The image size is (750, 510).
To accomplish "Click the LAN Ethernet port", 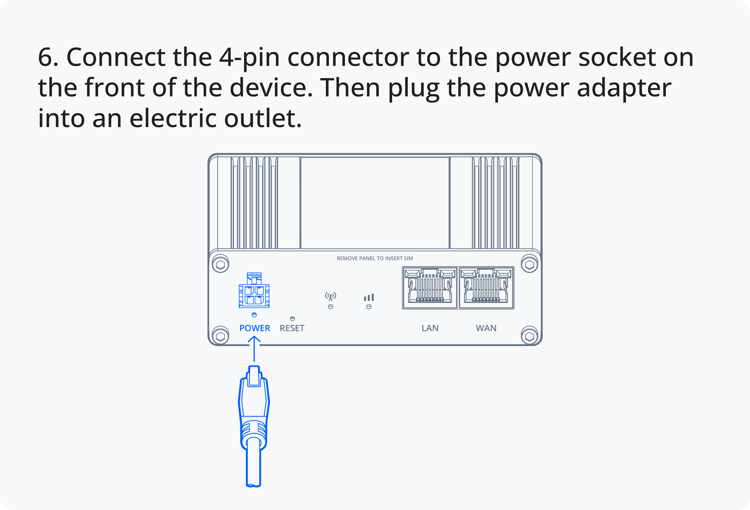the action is point(430,288).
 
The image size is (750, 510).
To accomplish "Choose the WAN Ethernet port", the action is point(486,288).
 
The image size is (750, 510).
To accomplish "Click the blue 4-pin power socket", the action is point(254,290).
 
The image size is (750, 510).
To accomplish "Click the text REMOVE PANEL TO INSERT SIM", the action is point(375,258).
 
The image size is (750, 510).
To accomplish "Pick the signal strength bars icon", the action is point(369,297).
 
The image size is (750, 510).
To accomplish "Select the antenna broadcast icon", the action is point(330,296).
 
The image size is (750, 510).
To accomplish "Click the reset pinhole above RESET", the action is point(292,319).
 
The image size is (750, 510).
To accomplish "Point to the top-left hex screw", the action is point(220,265).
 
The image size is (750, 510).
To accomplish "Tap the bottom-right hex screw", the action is point(530,336).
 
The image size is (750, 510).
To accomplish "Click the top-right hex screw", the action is point(530,265).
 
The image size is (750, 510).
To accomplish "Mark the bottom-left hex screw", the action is point(220,336).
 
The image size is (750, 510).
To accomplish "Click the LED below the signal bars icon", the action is point(369,307).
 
